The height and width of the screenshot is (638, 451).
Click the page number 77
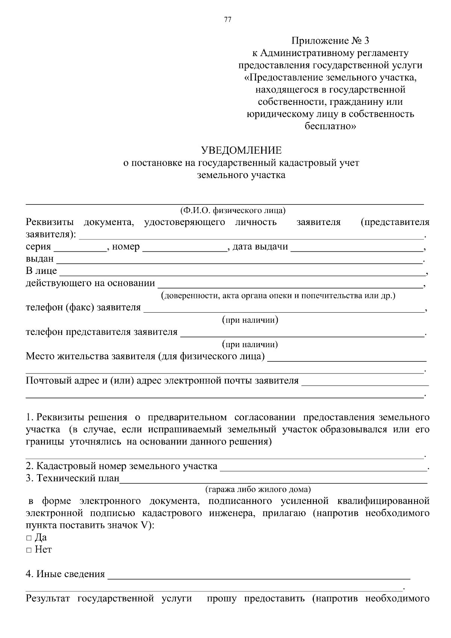coord(227,20)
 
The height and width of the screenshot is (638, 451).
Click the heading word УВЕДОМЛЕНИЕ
coord(241,151)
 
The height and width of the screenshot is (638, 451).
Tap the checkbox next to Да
coord(29,538)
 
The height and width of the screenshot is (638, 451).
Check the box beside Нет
coord(29,550)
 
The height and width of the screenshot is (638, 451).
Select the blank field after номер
coord(185,248)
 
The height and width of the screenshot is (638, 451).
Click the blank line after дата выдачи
coord(357,248)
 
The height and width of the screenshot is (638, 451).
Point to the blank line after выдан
coord(239,260)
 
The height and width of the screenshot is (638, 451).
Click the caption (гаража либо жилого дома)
coord(258,490)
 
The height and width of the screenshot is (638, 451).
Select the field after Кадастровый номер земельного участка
coord(323,467)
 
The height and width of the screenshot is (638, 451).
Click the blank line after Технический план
coord(273,480)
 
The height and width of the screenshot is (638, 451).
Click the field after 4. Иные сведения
coord(259,576)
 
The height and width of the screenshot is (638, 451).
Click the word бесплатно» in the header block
coord(330,126)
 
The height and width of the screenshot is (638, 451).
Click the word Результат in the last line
coord(48,599)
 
